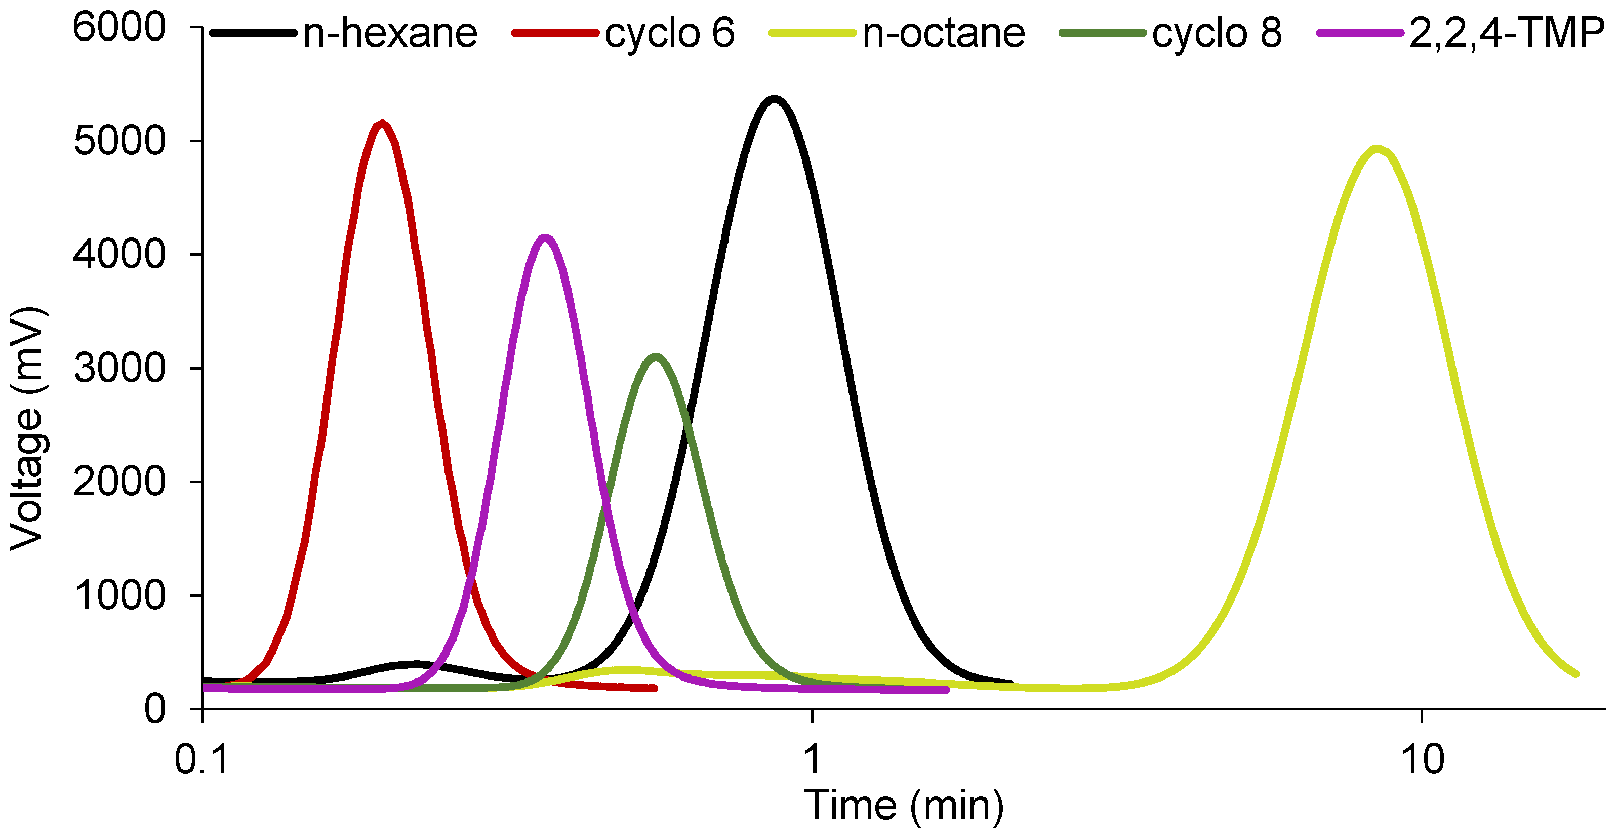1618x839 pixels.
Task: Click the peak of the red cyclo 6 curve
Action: pyautogui.click(x=382, y=124)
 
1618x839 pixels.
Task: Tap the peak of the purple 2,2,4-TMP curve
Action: pyautogui.click(x=545, y=237)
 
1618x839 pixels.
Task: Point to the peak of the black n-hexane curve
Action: pyautogui.click(x=775, y=99)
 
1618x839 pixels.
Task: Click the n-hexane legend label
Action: pyautogui.click(x=389, y=32)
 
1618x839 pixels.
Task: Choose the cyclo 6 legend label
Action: pyautogui.click(x=670, y=32)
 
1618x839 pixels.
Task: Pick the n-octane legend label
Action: pyautogui.click(x=944, y=32)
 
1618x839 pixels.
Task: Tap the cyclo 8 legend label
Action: pyautogui.click(x=1217, y=32)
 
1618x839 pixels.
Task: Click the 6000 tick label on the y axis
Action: pyautogui.click(x=119, y=28)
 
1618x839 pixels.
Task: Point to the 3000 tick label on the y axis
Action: pyautogui.click(x=119, y=368)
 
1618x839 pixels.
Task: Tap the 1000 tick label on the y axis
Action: pyautogui.click(x=119, y=595)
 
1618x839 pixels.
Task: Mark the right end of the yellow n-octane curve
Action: pyautogui.click(x=1576, y=674)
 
